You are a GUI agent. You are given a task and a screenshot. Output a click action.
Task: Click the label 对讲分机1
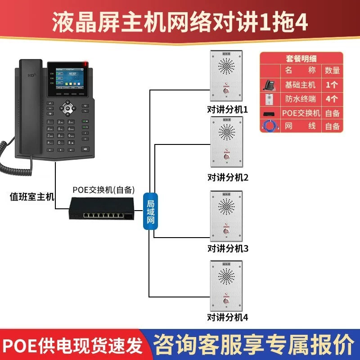coord(228,109)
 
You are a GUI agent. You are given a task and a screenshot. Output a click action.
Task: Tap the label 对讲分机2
coord(228,177)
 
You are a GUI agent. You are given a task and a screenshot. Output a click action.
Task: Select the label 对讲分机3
coord(228,248)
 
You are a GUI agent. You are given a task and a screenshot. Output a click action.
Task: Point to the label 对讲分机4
coord(228,317)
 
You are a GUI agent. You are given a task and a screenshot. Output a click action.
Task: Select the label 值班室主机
coord(32,196)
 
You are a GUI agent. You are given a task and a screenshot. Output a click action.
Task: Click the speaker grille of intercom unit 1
coord(227,67)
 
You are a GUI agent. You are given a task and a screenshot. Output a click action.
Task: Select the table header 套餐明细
coord(301,58)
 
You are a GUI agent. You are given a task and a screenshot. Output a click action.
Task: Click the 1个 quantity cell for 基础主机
coord(332,85)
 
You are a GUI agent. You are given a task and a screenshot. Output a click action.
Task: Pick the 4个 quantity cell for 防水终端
coord(332,99)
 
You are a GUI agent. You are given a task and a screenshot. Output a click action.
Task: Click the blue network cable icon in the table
coord(270,126)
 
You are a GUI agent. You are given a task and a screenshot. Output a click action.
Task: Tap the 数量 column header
coord(332,71)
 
